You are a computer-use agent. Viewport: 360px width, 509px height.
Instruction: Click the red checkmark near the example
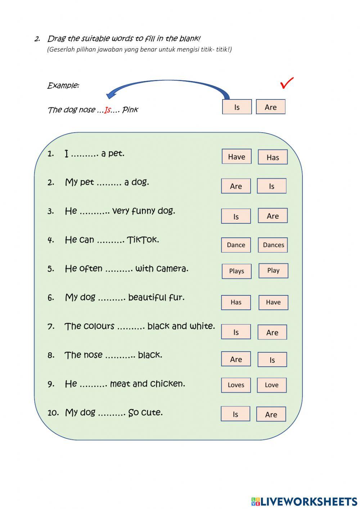[x=287, y=83]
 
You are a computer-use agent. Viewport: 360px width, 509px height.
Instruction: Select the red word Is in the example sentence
[x=108, y=110]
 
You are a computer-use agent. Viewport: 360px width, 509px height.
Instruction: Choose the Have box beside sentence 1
[x=237, y=156]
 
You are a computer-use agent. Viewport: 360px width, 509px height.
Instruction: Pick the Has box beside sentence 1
[x=273, y=157]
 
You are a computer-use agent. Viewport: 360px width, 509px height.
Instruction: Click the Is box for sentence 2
[x=272, y=186]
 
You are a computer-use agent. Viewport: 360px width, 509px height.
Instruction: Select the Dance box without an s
[x=236, y=245]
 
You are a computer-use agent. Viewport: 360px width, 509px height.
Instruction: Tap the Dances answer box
[x=273, y=245]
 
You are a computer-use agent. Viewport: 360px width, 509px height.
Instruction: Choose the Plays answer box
[x=237, y=271]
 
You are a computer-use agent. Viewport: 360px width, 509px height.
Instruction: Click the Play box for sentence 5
[x=274, y=271]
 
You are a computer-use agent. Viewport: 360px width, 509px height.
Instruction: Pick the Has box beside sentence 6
[x=236, y=302]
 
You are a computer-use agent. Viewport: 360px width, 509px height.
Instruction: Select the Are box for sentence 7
[x=272, y=332]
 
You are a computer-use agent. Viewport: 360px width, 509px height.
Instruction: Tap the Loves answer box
[x=236, y=385]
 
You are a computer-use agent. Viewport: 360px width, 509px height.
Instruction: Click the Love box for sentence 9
[x=272, y=385]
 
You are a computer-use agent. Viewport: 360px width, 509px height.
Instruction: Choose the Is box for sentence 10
[x=235, y=414]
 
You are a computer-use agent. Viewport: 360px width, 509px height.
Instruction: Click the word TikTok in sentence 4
[x=143, y=240]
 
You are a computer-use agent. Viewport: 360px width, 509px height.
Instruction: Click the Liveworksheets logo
[x=304, y=501]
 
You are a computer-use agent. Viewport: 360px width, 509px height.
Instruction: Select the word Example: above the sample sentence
[x=63, y=86]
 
